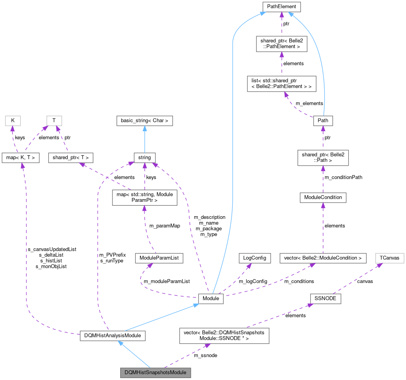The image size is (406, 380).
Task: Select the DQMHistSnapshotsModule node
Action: pyautogui.click(x=155, y=372)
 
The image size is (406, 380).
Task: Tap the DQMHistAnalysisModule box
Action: pyautogui.click(x=112, y=335)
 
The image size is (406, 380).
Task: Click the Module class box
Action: pyautogui.click(x=211, y=298)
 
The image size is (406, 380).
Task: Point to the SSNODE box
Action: pyautogui.click(x=325, y=298)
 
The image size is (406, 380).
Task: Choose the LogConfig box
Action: pyautogui.click(x=254, y=258)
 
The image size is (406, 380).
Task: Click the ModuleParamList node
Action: pyautogui.click(x=159, y=258)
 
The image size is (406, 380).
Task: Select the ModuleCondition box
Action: pyautogui.click(x=323, y=197)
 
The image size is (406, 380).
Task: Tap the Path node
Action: pyautogui.click(x=323, y=120)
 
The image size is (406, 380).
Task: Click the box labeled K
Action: pyautogui.click(x=13, y=120)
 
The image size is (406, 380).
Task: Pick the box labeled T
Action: pyautogui.click(x=54, y=120)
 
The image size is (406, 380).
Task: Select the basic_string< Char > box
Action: pyautogui.click(x=145, y=120)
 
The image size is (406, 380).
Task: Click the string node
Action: pyautogui.click(x=145, y=157)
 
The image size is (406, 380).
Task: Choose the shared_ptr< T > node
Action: pyautogui.click(x=71, y=157)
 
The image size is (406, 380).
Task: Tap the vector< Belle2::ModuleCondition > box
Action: pyautogui.click(x=323, y=258)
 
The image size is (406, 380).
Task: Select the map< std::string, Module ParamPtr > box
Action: pyautogui.click(x=144, y=197)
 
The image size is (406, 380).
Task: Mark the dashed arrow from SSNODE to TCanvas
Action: pyautogui.click(x=357, y=279)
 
